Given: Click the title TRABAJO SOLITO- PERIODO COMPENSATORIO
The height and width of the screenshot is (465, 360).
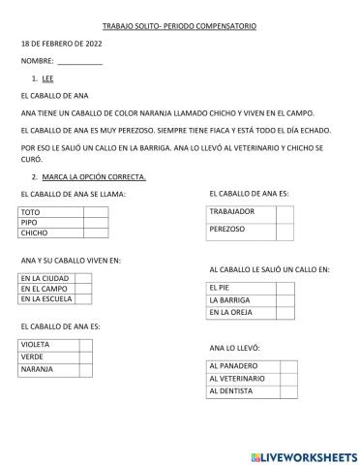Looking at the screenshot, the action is tap(179, 25).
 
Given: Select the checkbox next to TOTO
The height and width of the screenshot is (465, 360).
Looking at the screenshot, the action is tap(95, 211).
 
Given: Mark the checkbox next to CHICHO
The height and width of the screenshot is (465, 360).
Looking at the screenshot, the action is tap(95, 232).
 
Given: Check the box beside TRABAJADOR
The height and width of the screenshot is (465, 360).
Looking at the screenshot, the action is tap(284, 211).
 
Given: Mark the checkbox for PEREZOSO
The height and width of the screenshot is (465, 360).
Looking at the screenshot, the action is tap(284, 231).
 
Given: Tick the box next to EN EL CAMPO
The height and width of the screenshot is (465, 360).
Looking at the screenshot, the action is tap(83, 289).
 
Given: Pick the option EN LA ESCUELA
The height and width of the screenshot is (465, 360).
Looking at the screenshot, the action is tap(46, 299).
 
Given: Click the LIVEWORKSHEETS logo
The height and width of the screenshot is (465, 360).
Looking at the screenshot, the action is tap(303, 455).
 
